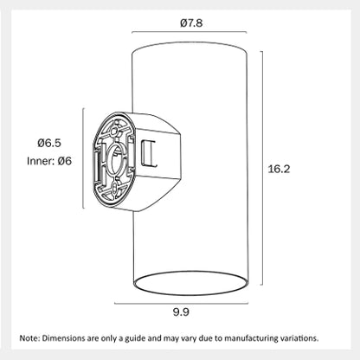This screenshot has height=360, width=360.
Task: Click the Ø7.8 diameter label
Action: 191,22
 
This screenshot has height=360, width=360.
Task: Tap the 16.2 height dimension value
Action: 279,169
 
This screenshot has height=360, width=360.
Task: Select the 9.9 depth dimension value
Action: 181,312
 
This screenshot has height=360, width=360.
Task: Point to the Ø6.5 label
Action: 49,143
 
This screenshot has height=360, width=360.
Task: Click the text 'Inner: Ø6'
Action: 49,161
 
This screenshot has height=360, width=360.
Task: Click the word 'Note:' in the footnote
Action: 29,338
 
